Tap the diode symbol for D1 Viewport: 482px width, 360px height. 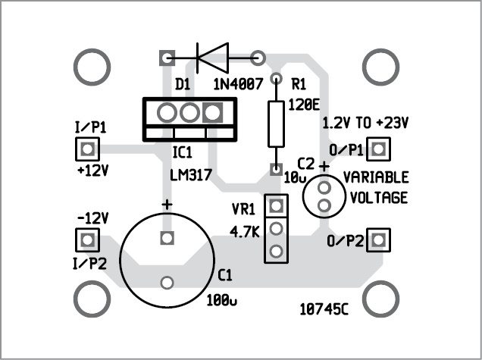212,56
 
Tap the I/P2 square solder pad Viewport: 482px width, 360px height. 89,241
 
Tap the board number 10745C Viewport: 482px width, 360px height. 327,309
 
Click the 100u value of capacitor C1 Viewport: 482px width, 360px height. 222,300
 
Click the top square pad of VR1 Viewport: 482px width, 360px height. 276,205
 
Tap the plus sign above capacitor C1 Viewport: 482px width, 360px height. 167,205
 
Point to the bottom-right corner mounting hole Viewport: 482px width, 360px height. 381,299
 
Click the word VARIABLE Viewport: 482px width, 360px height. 376,178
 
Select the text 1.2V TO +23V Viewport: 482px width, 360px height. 365,122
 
